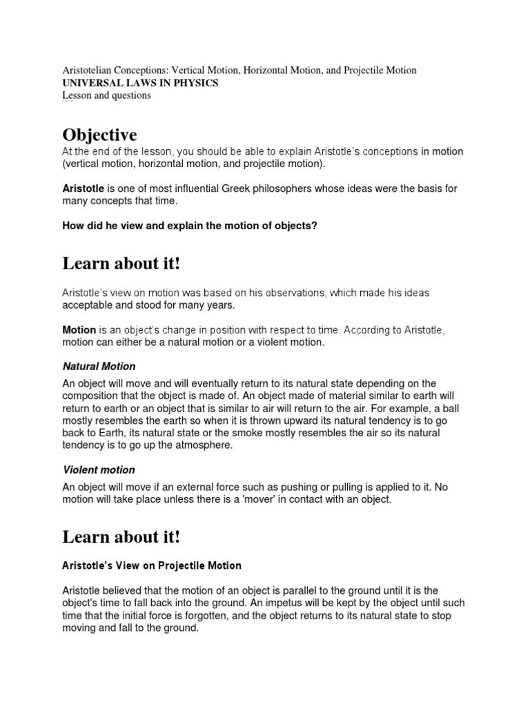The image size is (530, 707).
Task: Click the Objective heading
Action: pyautogui.click(x=99, y=134)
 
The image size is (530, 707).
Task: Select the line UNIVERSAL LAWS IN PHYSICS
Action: pyautogui.click(x=140, y=83)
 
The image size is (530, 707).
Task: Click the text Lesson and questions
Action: pyautogui.click(x=106, y=95)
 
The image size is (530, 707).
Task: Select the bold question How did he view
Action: pyautogui.click(x=190, y=226)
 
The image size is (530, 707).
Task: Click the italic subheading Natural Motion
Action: pyautogui.click(x=99, y=367)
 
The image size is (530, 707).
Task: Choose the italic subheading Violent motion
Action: pyautogui.click(x=99, y=470)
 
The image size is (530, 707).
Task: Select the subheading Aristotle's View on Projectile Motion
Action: pyautogui.click(x=152, y=565)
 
